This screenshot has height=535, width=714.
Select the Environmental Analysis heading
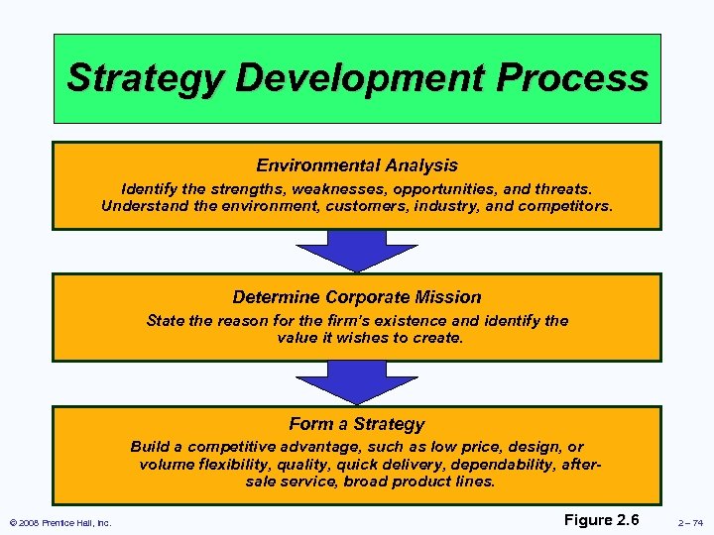357,165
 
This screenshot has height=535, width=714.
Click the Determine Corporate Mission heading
357,297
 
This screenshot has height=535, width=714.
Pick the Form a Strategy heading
357,424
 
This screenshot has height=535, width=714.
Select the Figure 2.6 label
602,520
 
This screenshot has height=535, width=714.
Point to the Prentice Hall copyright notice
59,523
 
